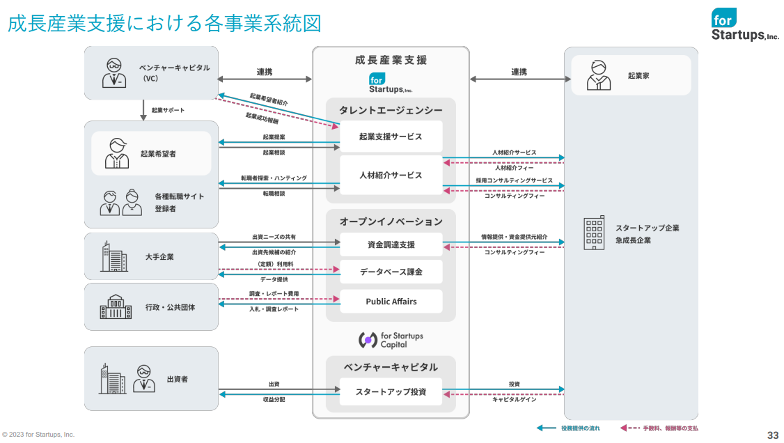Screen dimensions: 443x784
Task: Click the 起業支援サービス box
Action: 391,137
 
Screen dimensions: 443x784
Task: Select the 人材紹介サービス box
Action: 391,175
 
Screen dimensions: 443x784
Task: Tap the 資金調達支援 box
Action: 391,244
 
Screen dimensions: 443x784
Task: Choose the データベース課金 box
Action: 391,272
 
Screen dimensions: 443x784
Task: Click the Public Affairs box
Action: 391,302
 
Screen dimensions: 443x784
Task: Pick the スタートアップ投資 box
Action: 391,391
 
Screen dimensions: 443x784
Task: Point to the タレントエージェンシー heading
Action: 391,110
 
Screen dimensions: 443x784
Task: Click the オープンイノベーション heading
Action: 391,221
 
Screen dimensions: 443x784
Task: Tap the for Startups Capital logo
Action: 391,340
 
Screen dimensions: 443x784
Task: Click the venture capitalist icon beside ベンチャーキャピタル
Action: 114,72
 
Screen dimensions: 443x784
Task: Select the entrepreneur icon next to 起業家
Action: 597,75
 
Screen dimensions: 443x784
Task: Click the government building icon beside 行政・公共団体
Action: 116,306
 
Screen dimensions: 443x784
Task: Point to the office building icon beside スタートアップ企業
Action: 594,233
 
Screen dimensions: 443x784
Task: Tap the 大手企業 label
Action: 159,257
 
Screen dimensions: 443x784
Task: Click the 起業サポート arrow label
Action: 168,111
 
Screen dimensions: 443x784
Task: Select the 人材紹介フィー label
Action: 515,168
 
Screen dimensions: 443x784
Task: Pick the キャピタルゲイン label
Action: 514,400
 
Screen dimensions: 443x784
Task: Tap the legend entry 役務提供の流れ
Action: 580,428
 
